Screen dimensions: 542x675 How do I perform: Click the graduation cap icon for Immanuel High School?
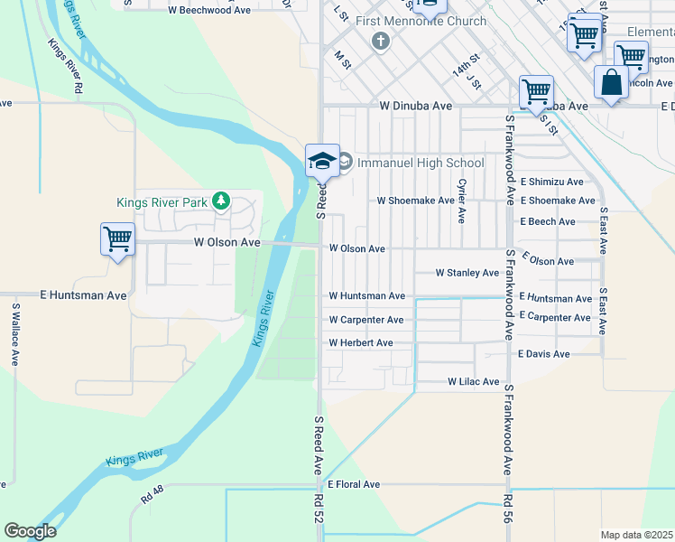[x=322, y=160]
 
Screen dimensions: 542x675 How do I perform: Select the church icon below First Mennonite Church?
[x=381, y=42]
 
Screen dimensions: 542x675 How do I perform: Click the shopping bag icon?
[x=611, y=83]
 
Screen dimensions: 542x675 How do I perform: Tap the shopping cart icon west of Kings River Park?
[x=117, y=240]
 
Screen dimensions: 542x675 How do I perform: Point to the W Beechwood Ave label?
[x=209, y=11]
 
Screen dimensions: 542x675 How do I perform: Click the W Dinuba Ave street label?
[x=415, y=106]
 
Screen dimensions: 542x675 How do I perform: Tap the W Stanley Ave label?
[x=467, y=273]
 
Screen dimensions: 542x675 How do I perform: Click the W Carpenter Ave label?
[x=365, y=320]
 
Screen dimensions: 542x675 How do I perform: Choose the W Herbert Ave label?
[x=360, y=343]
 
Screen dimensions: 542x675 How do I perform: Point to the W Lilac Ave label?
[x=474, y=382]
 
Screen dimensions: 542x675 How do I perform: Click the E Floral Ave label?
[x=354, y=485]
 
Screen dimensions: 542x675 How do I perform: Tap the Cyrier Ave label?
[x=461, y=201]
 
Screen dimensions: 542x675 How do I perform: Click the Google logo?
[x=30, y=531]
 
